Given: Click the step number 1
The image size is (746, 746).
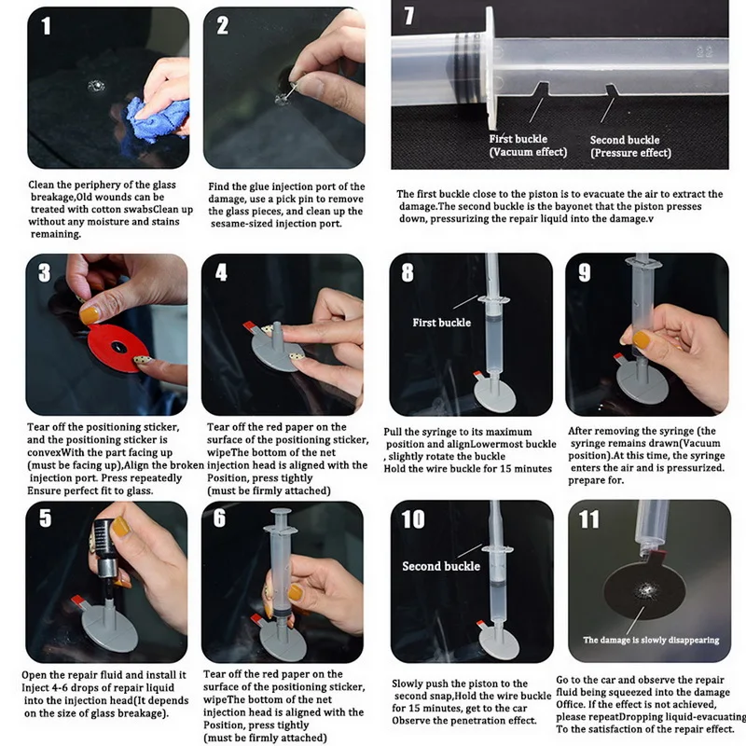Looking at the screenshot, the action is (x=46, y=26).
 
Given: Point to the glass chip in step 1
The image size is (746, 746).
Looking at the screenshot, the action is (x=96, y=86).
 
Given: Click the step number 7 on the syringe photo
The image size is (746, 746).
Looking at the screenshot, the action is (x=408, y=15).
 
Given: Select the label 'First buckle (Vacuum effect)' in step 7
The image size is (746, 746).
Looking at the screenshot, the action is (x=528, y=145).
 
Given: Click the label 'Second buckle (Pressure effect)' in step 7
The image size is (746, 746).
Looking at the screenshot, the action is (x=630, y=146).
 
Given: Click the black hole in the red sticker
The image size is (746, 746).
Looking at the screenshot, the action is (x=117, y=347).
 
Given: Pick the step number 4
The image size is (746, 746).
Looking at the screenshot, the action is (x=221, y=272).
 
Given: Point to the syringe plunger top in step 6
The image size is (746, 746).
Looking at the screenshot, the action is (x=281, y=512).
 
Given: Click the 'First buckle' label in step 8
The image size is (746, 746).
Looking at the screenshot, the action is (x=441, y=323).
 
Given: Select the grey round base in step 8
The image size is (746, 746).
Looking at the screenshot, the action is (x=495, y=394).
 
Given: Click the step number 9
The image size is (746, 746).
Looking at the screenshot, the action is (x=585, y=272).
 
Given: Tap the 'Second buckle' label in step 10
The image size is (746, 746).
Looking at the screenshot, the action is (x=441, y=566).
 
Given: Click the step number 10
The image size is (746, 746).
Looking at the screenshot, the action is (x=412, y=519).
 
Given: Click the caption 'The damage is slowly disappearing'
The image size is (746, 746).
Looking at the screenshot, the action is (x=651, y=640).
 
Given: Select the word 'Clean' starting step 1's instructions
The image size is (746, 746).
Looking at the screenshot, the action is (x=40, y=185).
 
